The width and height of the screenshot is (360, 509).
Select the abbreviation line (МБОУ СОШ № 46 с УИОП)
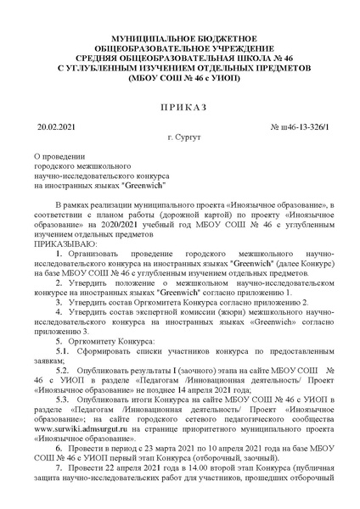pos(179,74)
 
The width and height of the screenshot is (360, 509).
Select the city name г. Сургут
pos(179,137)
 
